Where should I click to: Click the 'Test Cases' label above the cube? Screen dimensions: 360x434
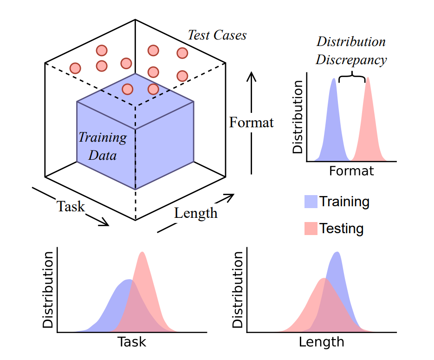point(217,35)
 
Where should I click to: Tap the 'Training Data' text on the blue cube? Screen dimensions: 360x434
point(102,146)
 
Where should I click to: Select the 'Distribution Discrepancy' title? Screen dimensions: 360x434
point(351,51)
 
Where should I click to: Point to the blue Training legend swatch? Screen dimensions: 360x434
point(311,202)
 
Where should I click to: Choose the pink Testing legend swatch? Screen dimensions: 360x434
point(311,229)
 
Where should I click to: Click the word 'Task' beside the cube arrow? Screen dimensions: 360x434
point(71,206)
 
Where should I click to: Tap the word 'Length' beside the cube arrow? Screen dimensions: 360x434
point(195,213)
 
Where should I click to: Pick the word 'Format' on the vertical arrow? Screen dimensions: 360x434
point(251,123)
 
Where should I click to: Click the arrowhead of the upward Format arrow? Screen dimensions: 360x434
point(251,75)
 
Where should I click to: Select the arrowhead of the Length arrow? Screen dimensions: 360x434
point(228,198)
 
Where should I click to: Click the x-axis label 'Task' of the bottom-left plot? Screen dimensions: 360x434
point(132,342)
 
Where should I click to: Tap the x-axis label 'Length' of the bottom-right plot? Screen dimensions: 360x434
point(321,342)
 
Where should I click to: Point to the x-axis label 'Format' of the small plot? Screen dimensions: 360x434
point(351,171)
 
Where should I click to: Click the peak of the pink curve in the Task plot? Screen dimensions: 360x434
point(143,254)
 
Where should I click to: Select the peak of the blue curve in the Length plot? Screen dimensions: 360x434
point(337,254)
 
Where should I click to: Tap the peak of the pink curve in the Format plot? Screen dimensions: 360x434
point(368,79)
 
